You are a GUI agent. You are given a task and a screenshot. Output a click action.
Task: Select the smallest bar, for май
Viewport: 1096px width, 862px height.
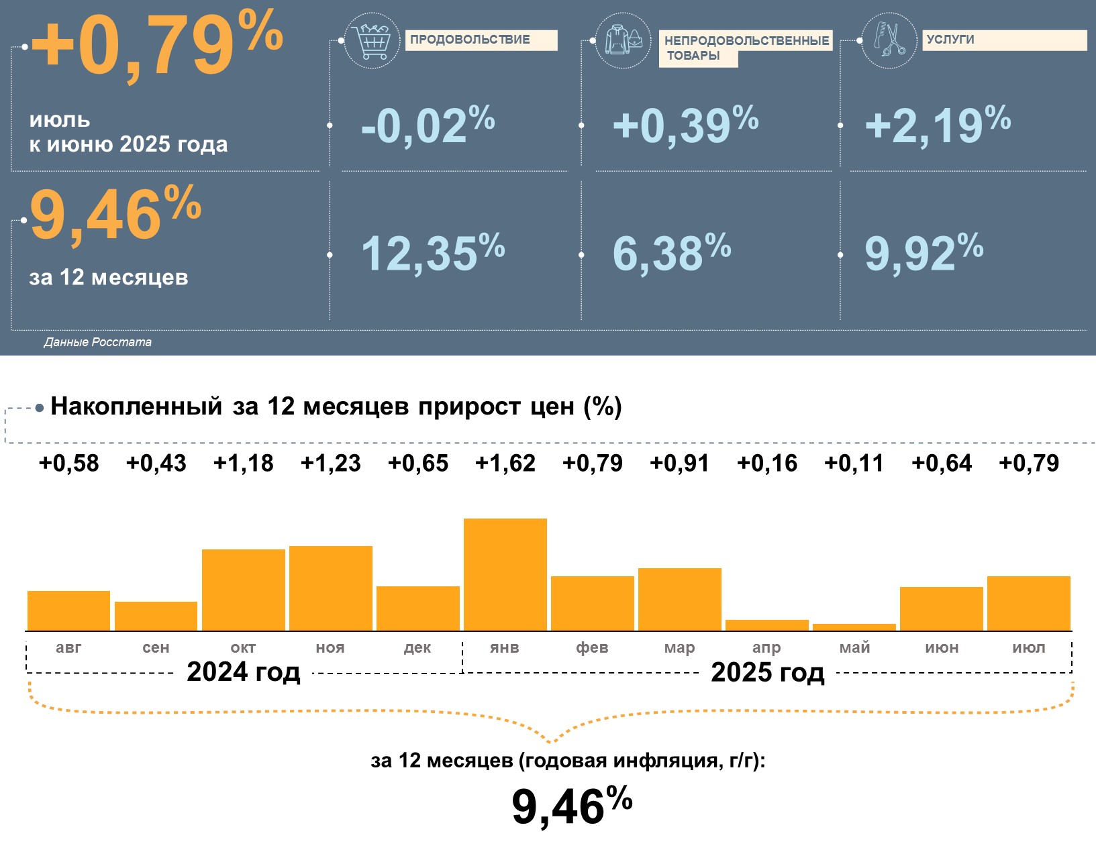pos(854,627)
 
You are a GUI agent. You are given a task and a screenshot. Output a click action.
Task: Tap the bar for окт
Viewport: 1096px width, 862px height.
pos(243,590)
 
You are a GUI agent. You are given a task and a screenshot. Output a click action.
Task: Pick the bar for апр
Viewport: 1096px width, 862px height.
pos(766,625)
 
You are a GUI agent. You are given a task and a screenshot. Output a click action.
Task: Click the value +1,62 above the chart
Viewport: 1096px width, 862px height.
pos(505,463)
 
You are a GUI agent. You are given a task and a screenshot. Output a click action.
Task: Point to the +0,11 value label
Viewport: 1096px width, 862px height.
pos(854,463)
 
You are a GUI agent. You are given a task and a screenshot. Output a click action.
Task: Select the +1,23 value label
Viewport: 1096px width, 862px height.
pos(330,463)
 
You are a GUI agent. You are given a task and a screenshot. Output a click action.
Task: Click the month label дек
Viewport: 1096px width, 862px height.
pos(417,647)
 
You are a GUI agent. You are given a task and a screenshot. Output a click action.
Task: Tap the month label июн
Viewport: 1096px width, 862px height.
pos(942,647)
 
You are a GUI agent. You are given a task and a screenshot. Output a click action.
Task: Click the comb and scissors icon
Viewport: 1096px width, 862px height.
pos(889,40)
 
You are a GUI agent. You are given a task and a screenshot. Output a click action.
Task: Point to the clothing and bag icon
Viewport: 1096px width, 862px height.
pos(623,40)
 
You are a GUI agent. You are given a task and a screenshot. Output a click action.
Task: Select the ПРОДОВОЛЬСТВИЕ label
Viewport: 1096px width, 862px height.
pos(481,40)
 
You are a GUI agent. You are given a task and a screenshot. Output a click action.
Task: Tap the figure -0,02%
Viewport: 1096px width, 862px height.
pos(428,125)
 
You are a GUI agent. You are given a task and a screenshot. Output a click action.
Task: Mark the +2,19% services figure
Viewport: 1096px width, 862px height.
pos(937,125)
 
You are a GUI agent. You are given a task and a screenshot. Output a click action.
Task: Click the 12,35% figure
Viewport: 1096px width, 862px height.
pos(432,253)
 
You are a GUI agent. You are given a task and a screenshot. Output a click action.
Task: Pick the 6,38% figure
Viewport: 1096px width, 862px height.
pos(671,253)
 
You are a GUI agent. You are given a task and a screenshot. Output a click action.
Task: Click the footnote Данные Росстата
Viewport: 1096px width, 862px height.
pos(97,342)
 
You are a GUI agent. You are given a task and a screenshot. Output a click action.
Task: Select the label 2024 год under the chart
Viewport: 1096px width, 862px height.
pos(243,671)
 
